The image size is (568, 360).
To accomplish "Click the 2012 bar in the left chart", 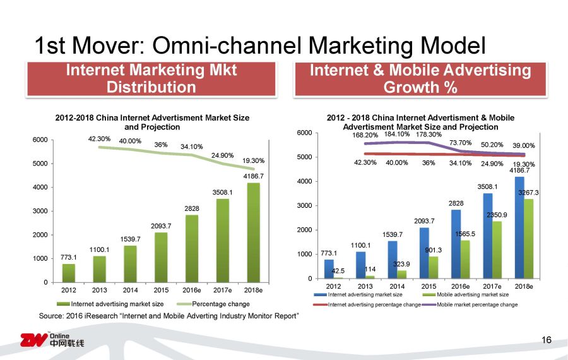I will click(68, 273).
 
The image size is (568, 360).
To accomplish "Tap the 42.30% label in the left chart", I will click(100, 138).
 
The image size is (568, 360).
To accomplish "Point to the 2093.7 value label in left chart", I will click(160, 225).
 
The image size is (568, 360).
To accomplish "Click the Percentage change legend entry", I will click(220, 304).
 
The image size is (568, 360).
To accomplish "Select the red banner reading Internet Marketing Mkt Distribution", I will click(151, 79).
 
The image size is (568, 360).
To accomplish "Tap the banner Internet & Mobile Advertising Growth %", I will click(420, 79).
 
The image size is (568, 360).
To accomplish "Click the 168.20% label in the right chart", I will click(365, 135).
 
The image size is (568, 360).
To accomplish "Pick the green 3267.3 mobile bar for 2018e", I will click(528, 239).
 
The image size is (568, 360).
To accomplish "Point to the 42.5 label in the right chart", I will click(338, 270).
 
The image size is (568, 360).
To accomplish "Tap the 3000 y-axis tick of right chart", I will click(305, 205).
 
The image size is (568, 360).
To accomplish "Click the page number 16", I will click(547, 340).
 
